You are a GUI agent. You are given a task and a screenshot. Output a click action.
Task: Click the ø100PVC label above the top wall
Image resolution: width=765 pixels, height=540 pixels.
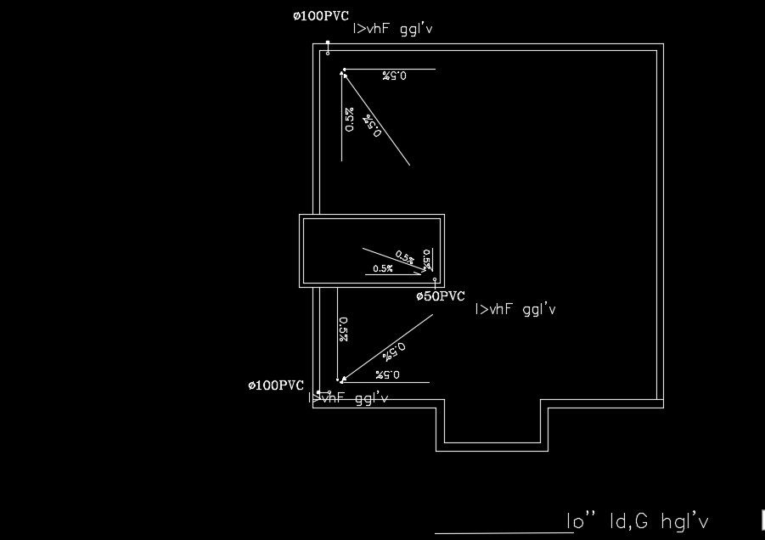tap(320, 16)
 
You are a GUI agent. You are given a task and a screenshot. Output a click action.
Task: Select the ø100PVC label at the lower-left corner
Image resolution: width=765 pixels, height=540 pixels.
tap(276, 385)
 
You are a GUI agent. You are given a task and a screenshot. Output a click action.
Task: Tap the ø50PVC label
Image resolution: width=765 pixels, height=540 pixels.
tap(440, 296)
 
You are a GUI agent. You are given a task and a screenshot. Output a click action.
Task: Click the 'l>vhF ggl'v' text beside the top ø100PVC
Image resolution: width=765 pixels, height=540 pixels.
tap(393, 29)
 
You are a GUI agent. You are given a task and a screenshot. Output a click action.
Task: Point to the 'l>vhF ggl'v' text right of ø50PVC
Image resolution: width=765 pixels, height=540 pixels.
tap(515, 310)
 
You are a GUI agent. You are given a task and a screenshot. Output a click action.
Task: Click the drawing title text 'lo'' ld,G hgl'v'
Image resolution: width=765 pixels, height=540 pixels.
tap(637, 520)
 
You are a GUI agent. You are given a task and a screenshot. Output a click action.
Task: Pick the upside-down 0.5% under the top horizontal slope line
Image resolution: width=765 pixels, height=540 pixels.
tap(394, 76)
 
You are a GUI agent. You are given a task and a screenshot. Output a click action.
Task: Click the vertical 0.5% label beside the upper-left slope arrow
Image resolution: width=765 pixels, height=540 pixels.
tap(349, 119)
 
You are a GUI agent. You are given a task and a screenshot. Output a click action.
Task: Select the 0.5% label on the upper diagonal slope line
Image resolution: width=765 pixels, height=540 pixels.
tap(373, 126)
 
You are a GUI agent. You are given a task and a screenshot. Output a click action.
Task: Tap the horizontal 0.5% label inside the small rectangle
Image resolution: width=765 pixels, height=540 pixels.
tap(383, 269)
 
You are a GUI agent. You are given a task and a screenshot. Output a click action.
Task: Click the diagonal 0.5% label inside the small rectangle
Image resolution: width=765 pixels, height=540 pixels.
tap(405, 258)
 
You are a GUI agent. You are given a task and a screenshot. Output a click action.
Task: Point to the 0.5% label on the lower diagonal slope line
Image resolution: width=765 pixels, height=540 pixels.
tap(395, 349)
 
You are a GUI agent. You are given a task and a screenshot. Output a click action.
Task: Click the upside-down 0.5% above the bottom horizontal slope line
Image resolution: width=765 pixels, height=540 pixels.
tap(387, 374)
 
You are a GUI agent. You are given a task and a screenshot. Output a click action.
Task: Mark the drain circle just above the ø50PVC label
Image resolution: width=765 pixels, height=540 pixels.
tap(435, 279)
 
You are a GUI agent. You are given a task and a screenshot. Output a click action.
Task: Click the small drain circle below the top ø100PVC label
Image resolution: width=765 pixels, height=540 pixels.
tap(327, 53)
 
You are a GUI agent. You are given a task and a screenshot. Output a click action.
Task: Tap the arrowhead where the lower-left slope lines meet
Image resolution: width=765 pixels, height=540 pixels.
tap(341, 380)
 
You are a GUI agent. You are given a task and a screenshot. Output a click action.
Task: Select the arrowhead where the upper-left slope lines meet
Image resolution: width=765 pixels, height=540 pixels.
tap(344, 74)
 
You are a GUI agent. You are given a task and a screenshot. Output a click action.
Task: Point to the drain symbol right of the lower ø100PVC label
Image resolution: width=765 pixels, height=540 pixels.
tap(318, 391)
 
